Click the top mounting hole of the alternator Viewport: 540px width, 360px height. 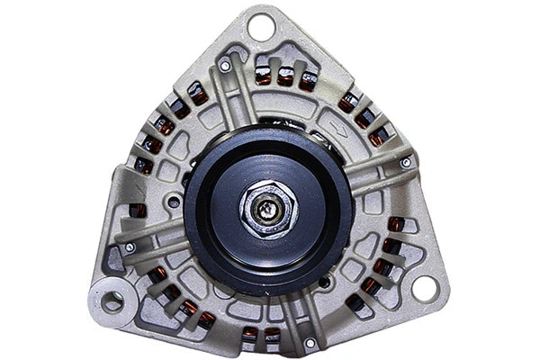261,27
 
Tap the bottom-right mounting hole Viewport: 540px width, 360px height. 425,289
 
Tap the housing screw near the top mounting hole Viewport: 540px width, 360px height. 225,66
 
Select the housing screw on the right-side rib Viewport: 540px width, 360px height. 407,162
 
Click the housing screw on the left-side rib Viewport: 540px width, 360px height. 130,247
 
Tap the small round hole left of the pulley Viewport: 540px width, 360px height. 173,202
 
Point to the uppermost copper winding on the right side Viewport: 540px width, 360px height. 349,101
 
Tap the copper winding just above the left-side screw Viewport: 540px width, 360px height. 137,211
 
